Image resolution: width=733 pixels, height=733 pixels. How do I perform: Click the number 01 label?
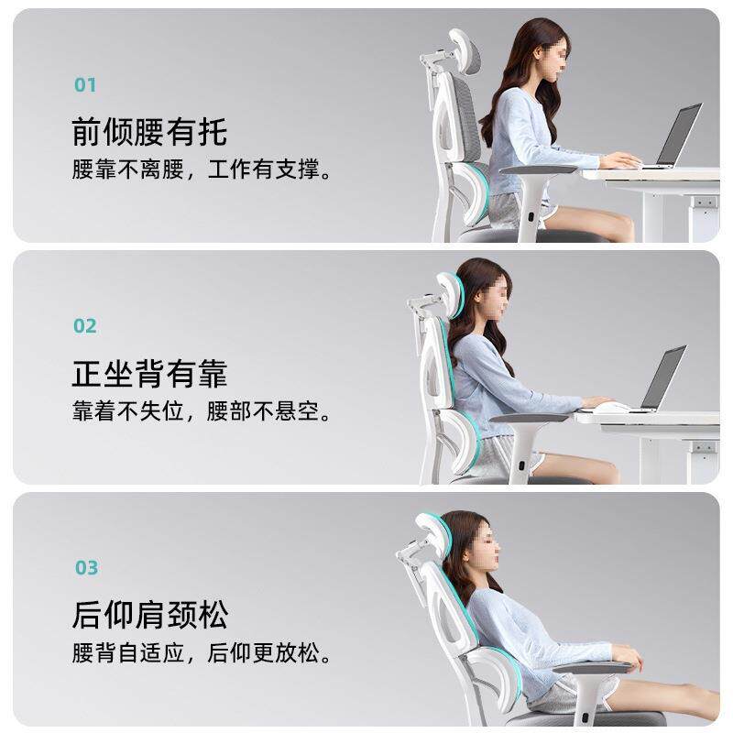85,85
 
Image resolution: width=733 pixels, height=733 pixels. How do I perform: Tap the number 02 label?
85,326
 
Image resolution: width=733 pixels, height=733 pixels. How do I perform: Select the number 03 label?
86,568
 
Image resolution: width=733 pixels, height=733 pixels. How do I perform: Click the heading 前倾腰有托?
149,132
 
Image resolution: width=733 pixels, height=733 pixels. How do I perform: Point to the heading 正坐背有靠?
149,374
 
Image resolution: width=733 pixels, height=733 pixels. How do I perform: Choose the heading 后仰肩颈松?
150,615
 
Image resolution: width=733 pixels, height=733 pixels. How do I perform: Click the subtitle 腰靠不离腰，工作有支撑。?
202,170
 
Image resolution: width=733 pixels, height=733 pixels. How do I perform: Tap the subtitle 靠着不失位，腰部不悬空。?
202,412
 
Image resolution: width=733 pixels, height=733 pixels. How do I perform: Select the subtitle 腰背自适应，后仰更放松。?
202,654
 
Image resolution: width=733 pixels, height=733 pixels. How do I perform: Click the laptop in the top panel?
675,137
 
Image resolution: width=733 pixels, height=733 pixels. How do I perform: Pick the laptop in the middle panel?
661,378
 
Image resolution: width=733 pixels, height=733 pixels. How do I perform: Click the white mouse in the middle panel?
611,406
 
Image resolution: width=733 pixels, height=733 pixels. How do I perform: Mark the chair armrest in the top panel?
540,170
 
